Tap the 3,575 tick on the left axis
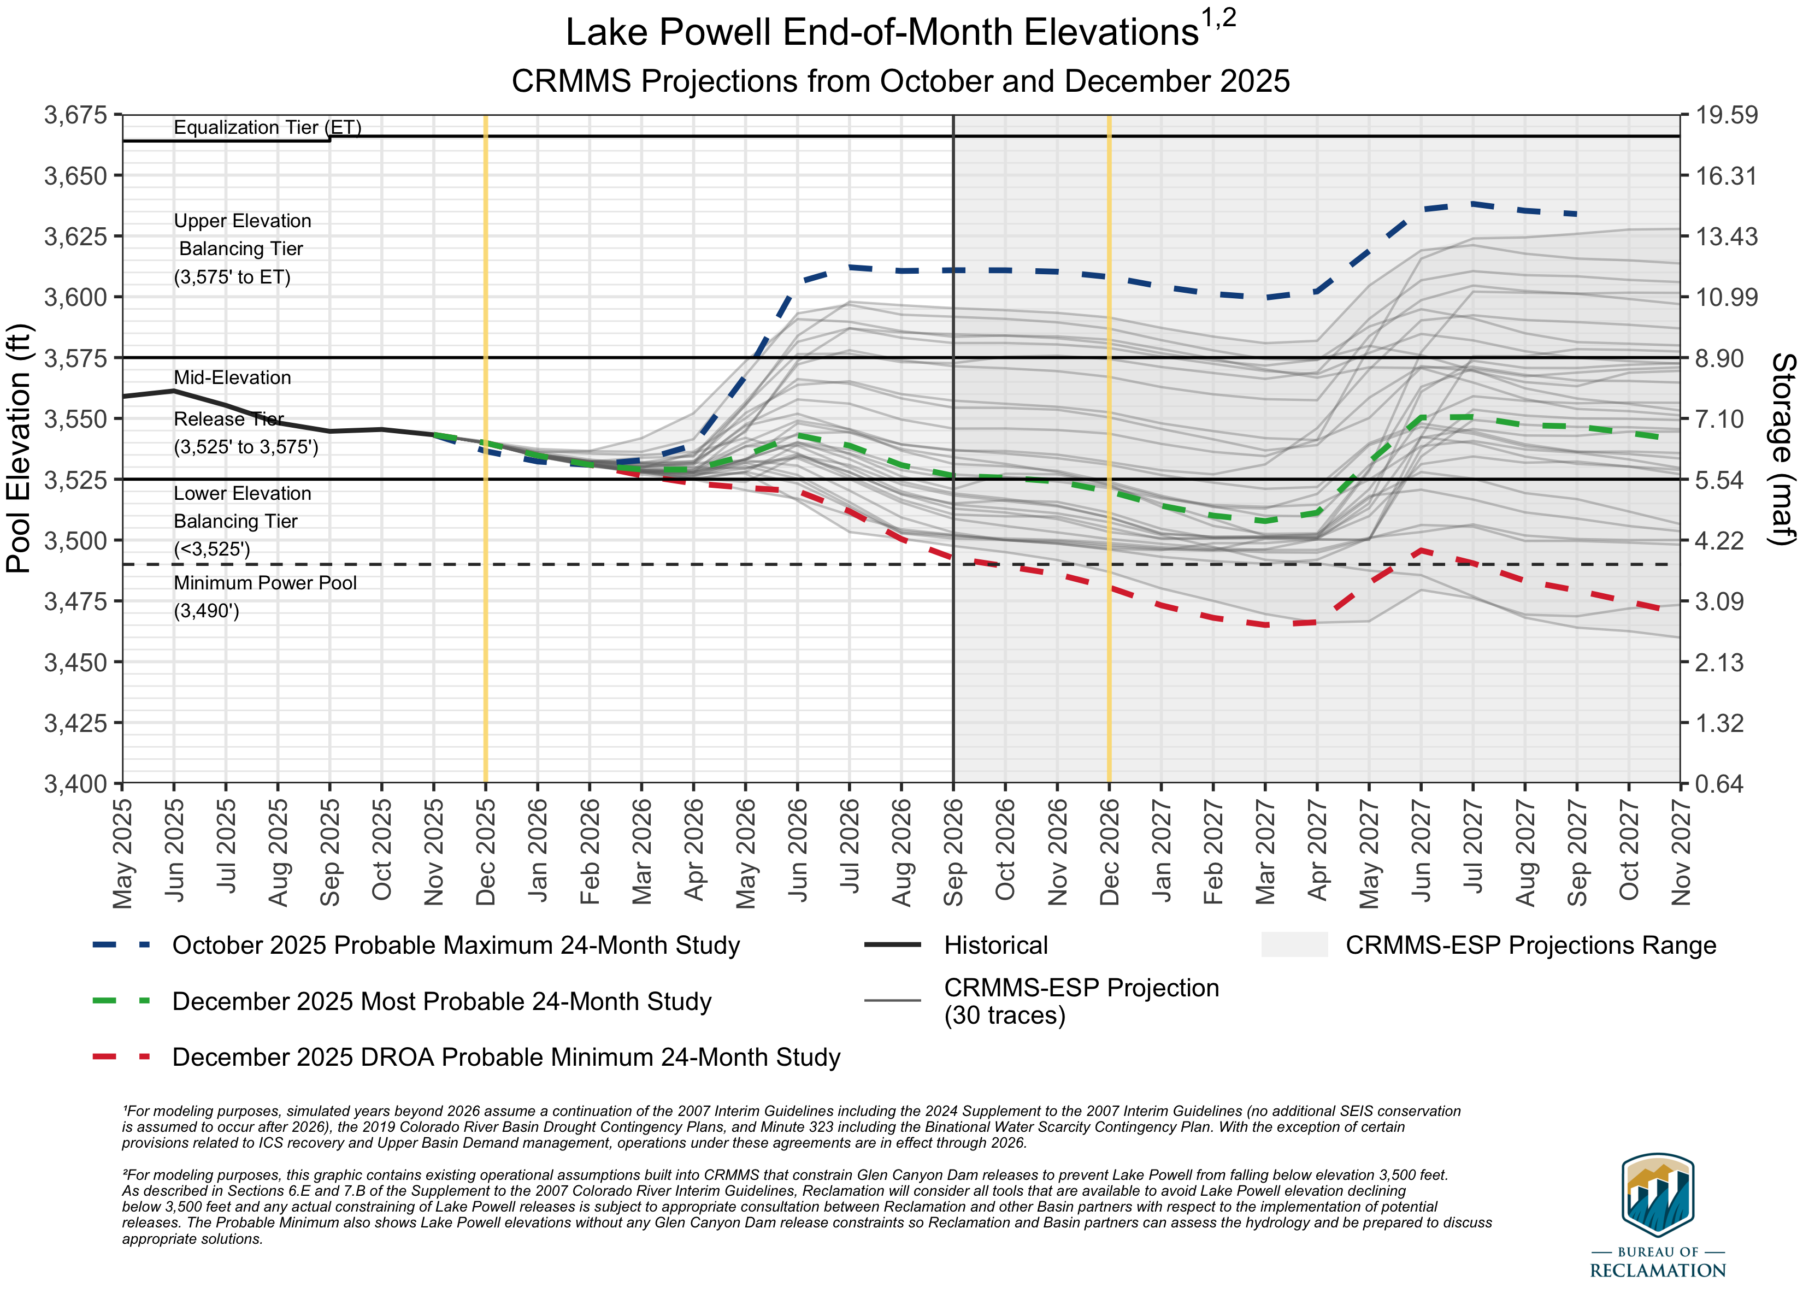click(75, 358)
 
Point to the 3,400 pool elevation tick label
click(75, 784)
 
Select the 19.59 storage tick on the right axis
click(1726, 115)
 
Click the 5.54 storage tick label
click(1719, 480)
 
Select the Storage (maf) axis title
click(1784, 448)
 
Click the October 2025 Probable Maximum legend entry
click(456, 946)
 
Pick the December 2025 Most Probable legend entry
click(441, 1001)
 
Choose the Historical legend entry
click(995, 946)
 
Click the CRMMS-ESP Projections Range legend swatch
click(1294, 944)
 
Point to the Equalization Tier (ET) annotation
click(267, 127)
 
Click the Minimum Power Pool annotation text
click(265, 583)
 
